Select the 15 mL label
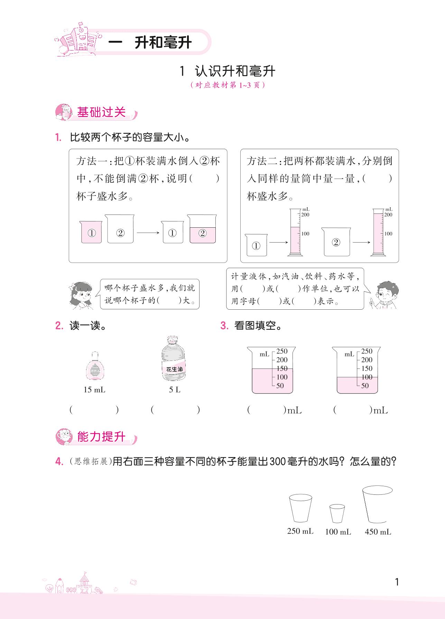point(94,390)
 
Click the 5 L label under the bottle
point(175,390)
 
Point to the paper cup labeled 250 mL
point(300,508)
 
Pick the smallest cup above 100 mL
point(337,513)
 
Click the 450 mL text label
point(378,532)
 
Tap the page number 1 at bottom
point(397,582)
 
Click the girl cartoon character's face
point(81,296)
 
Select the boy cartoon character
point(384,295)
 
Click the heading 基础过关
point(101,112)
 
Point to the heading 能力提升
point(101,437)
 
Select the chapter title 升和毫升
point(163,43)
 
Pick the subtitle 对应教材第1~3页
point(228,85)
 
